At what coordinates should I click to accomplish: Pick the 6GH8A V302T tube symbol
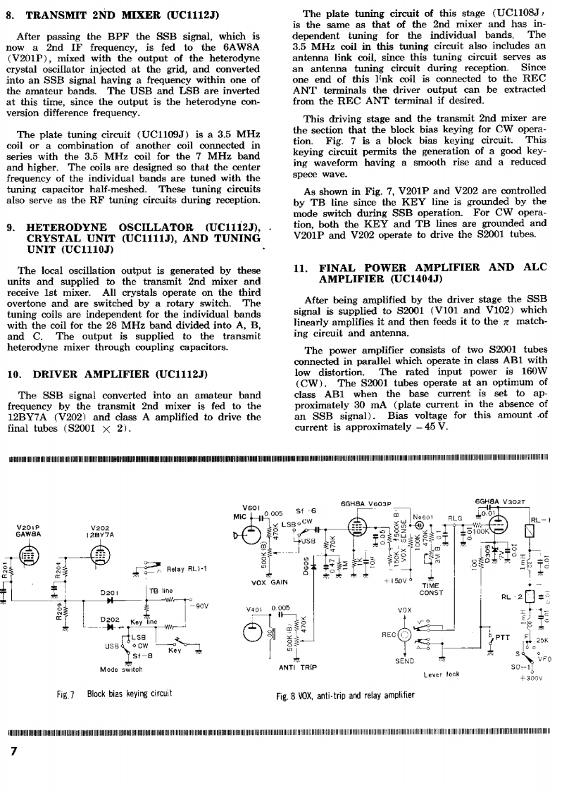click(499, 522)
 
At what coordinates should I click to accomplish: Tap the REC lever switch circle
click(406, 633)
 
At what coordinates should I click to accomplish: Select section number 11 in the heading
click(298, 268)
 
